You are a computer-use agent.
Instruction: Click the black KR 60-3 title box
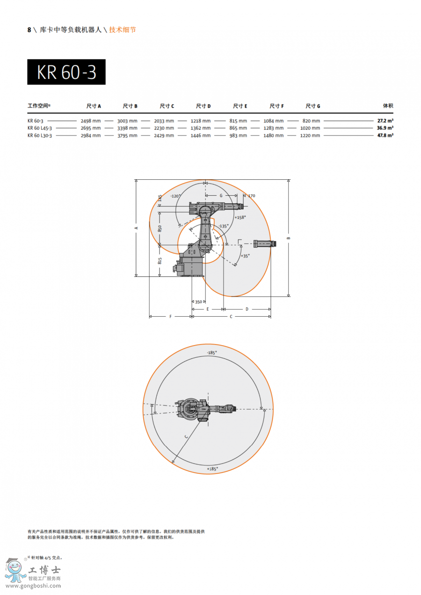(66, 72)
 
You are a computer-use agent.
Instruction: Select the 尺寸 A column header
(94, 106)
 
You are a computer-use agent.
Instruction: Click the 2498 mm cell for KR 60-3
(91, 121)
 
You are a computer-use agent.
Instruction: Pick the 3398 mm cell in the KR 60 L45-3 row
(128, 128)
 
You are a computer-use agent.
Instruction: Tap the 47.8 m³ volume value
(385, 135)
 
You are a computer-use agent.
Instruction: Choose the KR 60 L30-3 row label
(40, 135)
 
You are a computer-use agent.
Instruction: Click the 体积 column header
(388, 106)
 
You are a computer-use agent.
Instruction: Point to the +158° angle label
(240, 217)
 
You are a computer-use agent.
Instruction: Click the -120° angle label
(175, 196)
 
